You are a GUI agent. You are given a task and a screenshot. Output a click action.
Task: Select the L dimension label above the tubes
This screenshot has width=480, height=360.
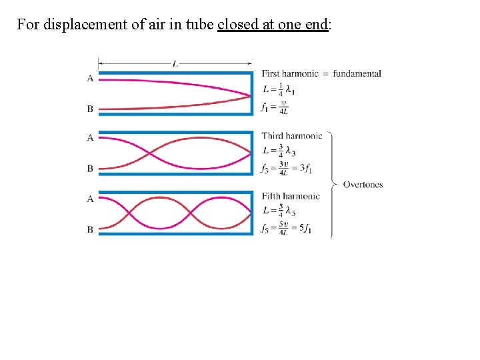(x=175, y=64)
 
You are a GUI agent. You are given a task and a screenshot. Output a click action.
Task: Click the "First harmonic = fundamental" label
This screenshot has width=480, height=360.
(x=321, y=73)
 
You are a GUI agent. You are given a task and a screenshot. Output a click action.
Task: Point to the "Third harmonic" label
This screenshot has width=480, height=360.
(x=292, y=136)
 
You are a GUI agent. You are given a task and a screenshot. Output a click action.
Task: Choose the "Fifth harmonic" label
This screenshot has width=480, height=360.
(x=291, y=196)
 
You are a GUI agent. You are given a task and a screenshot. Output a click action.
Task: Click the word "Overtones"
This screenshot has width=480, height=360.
(x=363, y=184)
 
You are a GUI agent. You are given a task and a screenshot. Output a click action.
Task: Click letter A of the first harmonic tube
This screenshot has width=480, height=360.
(x=90, y=79)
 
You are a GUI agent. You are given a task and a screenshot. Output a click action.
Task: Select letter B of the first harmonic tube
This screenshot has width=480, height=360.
(x=90, y=109)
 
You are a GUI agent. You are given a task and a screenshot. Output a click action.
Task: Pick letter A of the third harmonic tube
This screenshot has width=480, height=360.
(x=90, y=138)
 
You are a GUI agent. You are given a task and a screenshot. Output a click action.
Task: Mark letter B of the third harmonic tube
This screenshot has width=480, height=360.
(x=90, y=169)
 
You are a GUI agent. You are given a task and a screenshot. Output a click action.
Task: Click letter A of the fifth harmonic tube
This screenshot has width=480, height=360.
(x=90, y=199)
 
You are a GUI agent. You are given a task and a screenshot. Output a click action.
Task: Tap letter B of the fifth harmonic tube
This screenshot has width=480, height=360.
(x=90, y=229)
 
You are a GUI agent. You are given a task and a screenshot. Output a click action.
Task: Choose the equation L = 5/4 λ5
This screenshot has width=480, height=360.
(x=279, y=211)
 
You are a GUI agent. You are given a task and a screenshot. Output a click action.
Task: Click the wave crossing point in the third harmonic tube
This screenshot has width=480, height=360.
(x=149, y=153)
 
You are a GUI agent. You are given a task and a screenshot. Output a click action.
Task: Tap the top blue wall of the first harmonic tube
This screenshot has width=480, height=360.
(x=175, y=73)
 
